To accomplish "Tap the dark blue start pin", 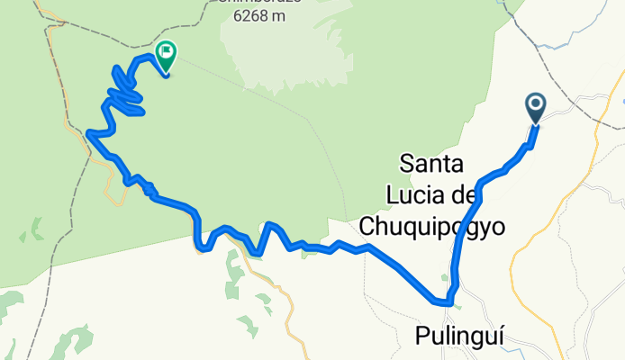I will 536,109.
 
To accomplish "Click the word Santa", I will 431,165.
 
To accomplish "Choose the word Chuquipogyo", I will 431,228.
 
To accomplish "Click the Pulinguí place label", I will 459,336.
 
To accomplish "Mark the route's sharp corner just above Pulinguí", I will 448,301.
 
